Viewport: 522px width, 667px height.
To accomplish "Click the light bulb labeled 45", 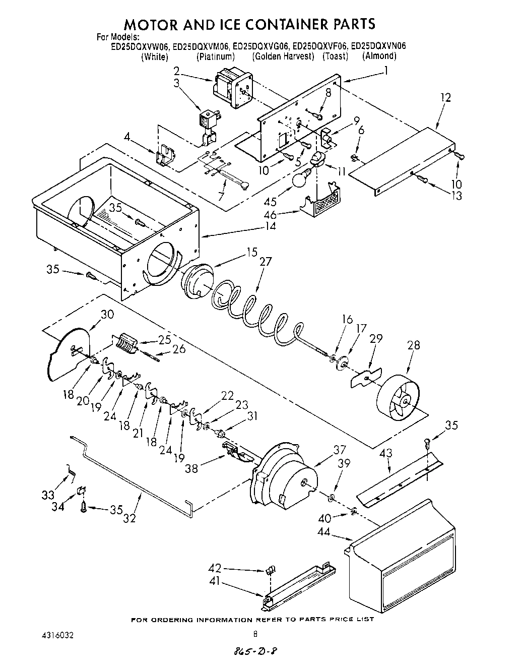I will point(302,178).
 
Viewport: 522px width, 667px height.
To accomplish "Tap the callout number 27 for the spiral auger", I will point(266,262).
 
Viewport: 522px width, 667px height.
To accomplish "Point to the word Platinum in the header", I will point(216,56).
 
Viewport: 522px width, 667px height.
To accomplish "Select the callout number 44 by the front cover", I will point(324,531).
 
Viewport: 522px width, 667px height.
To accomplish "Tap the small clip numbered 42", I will point(271,571).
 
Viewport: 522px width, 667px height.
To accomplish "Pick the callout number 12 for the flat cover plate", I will point(445,98).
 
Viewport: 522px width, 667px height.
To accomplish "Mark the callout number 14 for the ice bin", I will point(271,226).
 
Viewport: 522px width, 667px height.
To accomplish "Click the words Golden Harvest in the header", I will point(283,56).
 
